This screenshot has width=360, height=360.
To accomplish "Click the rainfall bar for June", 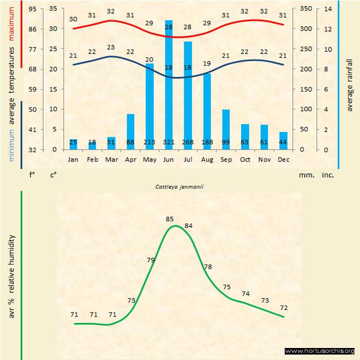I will [x=169, y=82].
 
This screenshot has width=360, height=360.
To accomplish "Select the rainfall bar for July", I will [x=188, y=93].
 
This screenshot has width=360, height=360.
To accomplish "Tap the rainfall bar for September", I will [x=226, y=128].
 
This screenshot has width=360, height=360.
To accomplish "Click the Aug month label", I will [x=207, y=160].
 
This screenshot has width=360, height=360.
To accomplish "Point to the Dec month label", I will [x=283, y=160].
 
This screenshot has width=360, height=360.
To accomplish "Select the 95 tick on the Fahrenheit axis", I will [x=33, y=9].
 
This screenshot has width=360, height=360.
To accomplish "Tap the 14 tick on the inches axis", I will [x=328, y=9].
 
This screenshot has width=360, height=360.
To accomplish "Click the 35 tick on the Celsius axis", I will [x=53, y=9].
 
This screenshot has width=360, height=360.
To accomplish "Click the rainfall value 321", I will [x=169, y=142].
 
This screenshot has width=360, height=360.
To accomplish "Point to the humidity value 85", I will [x=170, y=219].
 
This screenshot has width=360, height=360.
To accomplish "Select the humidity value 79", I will [x=151, y=260].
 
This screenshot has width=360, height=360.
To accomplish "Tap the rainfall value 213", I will [x=149, y=142].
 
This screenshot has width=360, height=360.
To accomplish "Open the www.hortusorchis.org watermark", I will [x=320, y=351].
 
